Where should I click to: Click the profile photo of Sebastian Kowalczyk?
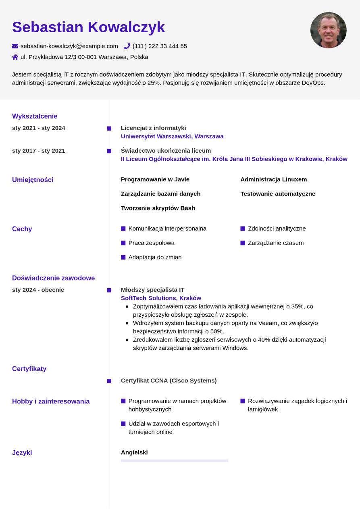point(328,30)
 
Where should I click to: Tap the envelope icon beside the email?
point(15,46)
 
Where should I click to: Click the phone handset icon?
point(127,46)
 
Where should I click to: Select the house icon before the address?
point(15,57)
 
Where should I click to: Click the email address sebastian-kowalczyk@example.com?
point(69,46)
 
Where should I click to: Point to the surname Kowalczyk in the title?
point(126,27)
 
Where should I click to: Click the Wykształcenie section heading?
point(35,116)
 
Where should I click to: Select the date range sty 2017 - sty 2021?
point(39,151)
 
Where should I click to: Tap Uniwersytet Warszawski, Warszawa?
point(172,137)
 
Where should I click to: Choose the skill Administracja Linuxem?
point(274,179)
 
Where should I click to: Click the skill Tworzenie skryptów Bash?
point(158,208)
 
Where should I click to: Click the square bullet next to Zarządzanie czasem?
point(243,243)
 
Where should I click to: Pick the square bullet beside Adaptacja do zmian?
point(123,258)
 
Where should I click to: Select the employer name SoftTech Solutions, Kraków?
point(161,298)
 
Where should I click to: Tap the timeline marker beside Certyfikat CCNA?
point(109,381)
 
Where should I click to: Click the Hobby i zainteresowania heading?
point(51,401)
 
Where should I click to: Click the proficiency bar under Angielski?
point(175,461)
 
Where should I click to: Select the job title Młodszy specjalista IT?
point(152,290)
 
